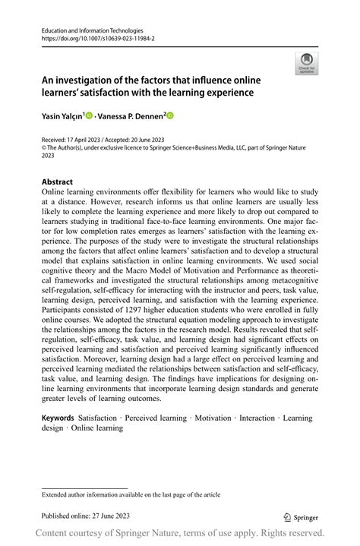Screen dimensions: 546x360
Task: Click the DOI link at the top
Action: [87, 35]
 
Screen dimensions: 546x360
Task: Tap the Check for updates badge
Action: [308, 64]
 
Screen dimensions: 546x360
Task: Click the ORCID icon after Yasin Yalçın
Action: [90, 116]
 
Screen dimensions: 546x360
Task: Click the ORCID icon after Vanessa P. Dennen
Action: [170, 116]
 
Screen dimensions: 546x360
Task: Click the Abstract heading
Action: [57, 182]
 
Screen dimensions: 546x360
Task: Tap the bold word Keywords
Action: [58, 418]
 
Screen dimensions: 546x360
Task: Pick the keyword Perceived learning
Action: [156, 418]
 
